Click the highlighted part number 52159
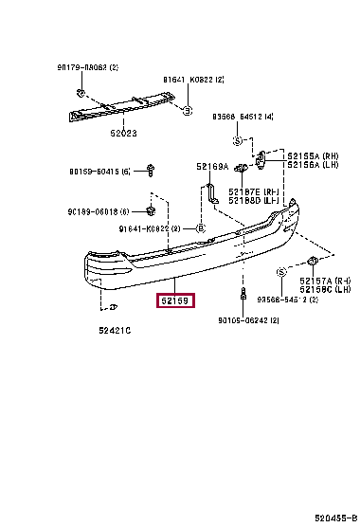[x=175, y=302]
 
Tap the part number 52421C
[x=114, y=330]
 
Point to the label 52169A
[x=212, y=167]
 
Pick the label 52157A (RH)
[x=325, y=282]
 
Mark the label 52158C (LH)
[x=325, y=290]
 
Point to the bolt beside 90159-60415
[x=151, y=170]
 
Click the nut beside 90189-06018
[x=151, y=209]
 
